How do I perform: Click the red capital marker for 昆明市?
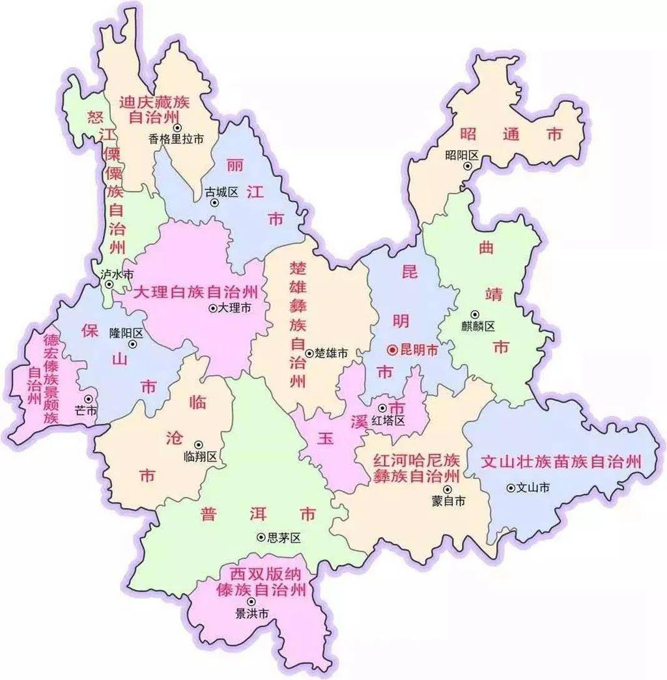[x=392, y=350]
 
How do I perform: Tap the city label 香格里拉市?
[x=176, y=139]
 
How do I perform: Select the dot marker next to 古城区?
[x=214, y=203]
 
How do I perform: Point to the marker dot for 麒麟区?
[x=475, y=314]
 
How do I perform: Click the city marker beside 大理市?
[x=212, y=308]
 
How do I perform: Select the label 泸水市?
[x=117, y=274]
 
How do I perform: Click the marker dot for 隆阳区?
[x=133, y=344]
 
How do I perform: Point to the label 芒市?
[x=86, y=410]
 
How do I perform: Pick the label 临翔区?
[x=201, y=457]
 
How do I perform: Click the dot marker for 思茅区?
[x=261, y=537]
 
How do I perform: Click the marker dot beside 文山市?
[x=511, y=487]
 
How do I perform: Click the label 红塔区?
[x=388, y=421]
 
